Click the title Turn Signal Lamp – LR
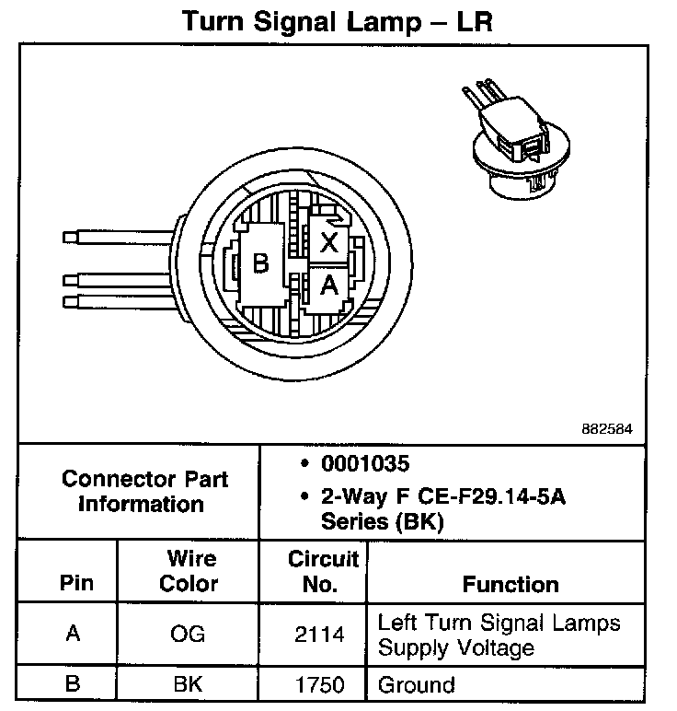(337, 22)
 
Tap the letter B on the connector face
(260, 265)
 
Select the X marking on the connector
(328, 243)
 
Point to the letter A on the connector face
(328, 286)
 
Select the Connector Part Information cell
(144, 492)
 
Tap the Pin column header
(76, 584)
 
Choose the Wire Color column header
(189, 571)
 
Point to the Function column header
(511, 584)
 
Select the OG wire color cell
(189, 635)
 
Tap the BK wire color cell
(189, 685)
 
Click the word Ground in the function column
(417, 685)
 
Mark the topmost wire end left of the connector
(70, 238)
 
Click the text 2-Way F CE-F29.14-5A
(442, 498)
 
